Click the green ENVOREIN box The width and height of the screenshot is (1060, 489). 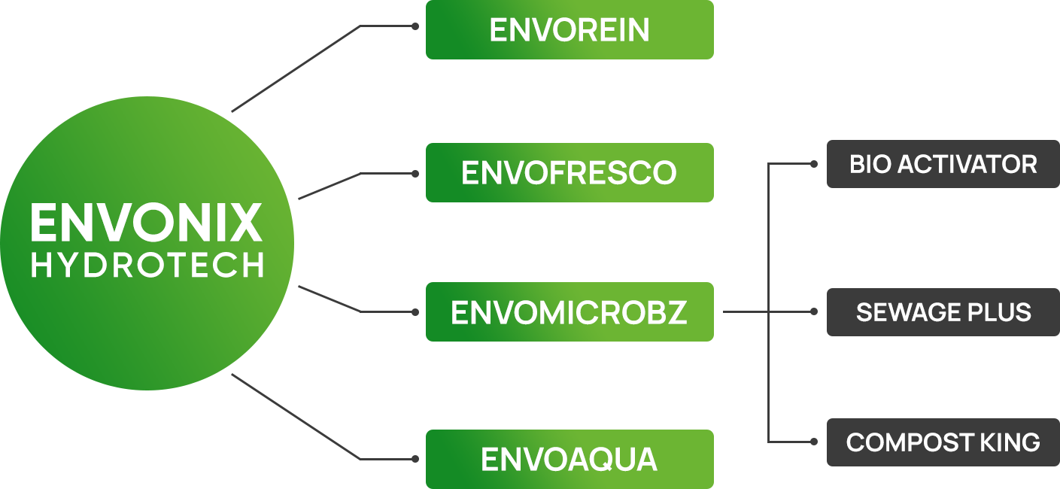click(569, 30)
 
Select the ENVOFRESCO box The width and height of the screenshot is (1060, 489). click(569, 172)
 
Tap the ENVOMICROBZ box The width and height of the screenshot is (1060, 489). click(569, 311)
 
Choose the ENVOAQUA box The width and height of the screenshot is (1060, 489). click(569, 458)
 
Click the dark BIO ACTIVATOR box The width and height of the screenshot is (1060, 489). click(942, 163)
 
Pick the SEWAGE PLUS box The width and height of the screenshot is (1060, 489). click(942, 311)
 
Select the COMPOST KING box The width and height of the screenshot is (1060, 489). click(942, 442)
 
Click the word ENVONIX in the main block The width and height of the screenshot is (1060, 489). click(147, 223)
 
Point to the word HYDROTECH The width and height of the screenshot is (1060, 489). click(147, 265)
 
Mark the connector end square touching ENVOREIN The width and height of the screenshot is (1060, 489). click(415, 26)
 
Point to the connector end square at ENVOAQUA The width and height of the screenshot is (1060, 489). click(415, 458)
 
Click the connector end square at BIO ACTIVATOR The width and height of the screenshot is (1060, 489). click(813, 163)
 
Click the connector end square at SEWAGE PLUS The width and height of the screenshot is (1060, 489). click(813, 311)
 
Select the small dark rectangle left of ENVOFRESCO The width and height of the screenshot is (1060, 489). click(329, 187)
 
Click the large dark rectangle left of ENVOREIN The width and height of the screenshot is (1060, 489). click(295, 68)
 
